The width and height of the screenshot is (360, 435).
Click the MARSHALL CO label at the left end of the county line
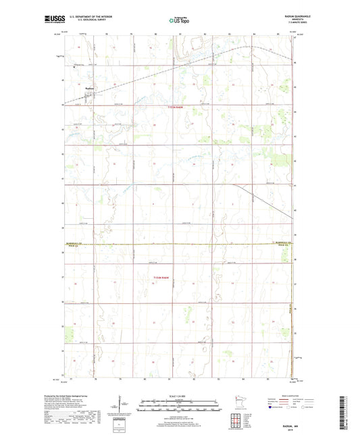pyautogui.click(x=75, y=241)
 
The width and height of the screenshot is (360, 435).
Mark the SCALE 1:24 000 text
pyautogui.click(x=180, y=396)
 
